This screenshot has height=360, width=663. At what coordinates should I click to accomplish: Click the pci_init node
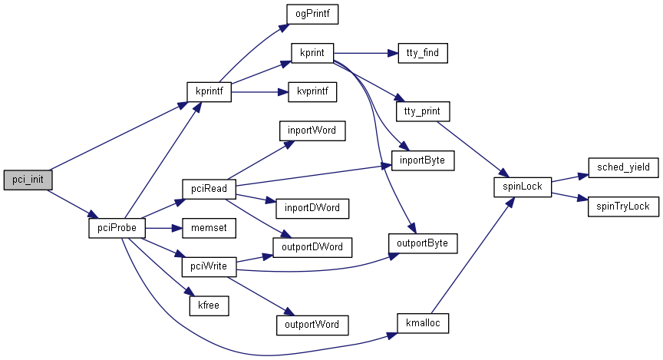click(28, 180)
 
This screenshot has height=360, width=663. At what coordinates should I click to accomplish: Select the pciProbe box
click(117, 228)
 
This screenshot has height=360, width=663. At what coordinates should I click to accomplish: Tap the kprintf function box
click(209, 91)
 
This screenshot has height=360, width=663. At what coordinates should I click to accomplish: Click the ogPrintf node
click(312, 15)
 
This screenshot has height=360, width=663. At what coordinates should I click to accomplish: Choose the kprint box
click(312, 54)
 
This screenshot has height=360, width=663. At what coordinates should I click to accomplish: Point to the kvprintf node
click(312, 91)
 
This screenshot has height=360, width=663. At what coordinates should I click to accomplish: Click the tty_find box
click(422, 54)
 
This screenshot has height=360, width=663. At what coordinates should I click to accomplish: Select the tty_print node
click(422, 111)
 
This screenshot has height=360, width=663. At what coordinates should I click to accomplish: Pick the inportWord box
click(312, 130)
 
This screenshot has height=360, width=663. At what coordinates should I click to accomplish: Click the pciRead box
click(209, 188)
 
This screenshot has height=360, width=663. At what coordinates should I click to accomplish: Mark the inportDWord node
click(312, 207)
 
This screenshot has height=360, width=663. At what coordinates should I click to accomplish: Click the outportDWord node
click(312, 247)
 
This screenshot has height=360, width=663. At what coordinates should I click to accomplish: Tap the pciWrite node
click(209, 266)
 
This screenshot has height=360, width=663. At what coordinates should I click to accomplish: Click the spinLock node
click(522, 187)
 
